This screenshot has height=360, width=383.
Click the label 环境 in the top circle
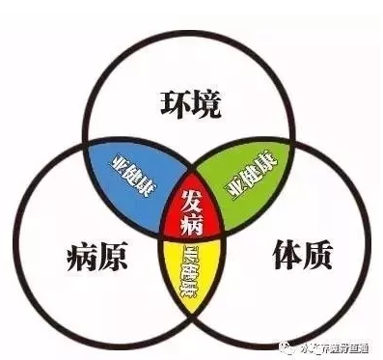pos(190,99)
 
